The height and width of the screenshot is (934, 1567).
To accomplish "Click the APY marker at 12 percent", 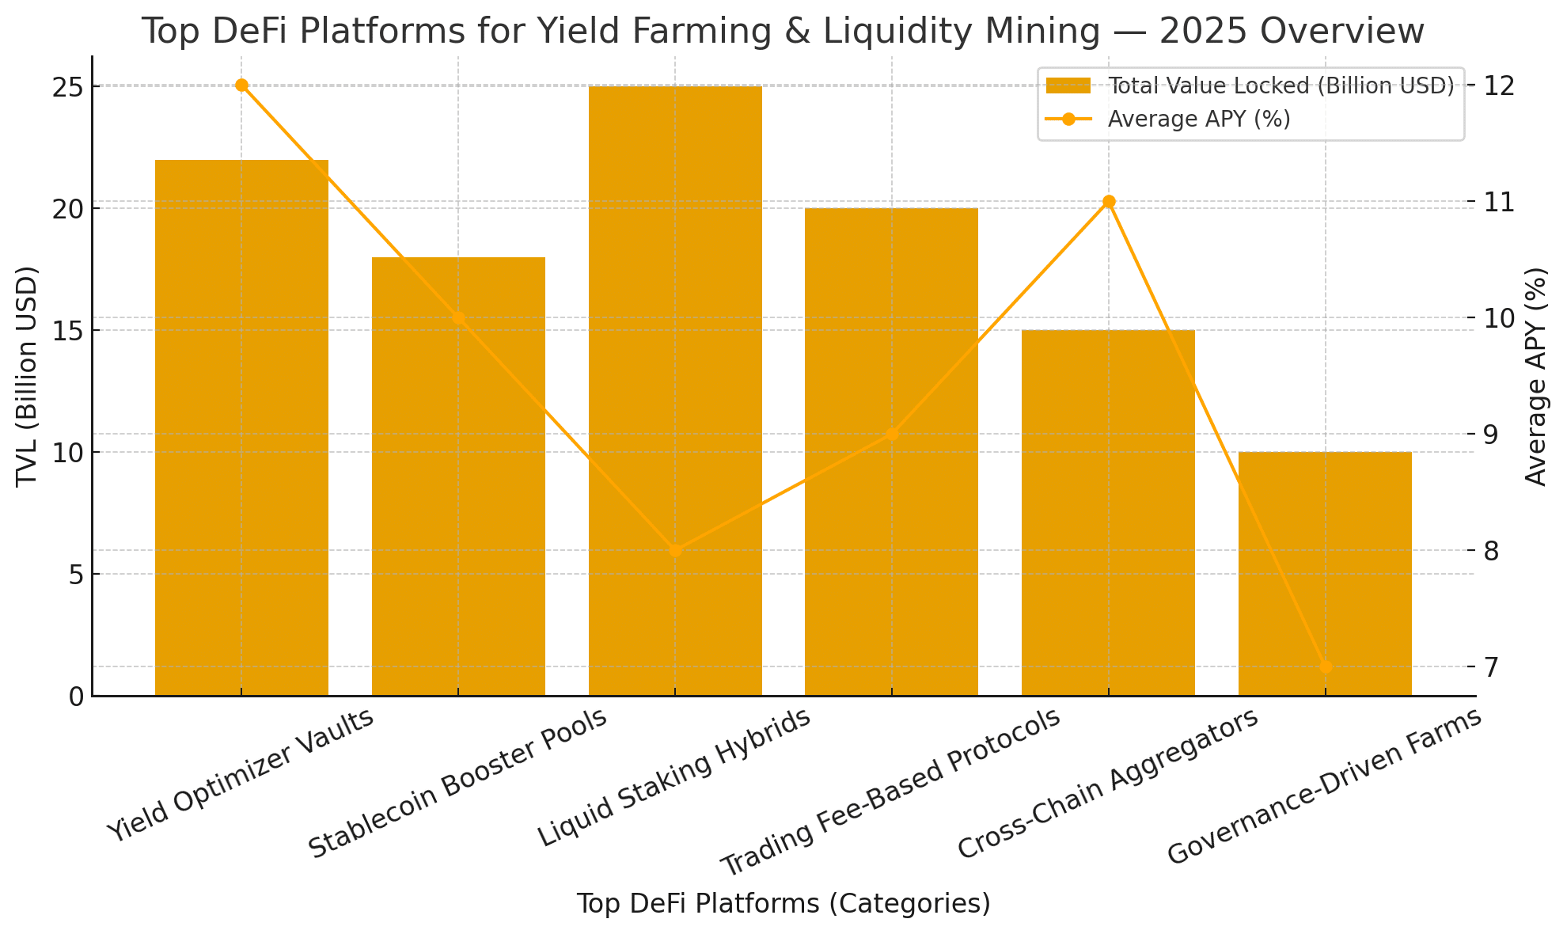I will [242, 85].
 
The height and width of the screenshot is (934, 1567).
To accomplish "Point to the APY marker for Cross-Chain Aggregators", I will [1109, 202].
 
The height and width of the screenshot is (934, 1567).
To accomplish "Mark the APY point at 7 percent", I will [1326, 667].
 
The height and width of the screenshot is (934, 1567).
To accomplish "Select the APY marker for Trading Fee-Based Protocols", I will [892, 434].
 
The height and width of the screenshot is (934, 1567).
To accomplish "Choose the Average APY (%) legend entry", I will [1198, 120].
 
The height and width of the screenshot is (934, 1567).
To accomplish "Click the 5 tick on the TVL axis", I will [76, 575].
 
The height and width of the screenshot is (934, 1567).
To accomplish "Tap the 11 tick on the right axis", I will [1501, 202].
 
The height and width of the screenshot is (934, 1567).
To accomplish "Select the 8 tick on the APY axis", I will [1501, 550].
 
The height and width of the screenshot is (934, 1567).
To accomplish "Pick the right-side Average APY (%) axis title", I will [1535, 376].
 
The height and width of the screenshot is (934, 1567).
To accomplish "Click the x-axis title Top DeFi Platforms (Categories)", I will [783, 904].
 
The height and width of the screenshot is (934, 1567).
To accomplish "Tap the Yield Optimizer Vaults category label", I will [241, 776].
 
